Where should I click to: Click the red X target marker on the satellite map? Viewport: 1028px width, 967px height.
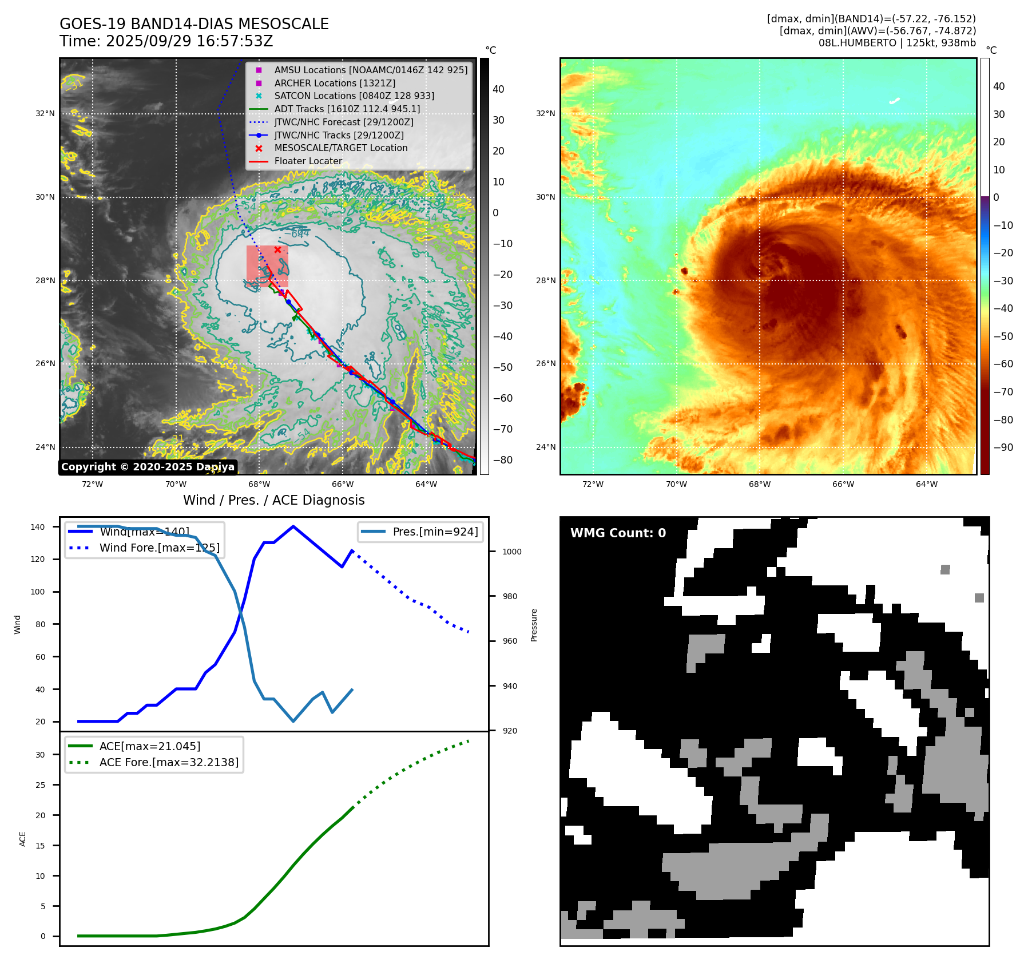point(277,249)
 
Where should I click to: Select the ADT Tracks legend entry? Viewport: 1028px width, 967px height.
point(347,109)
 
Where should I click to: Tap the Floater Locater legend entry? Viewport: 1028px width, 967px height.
point(308,161)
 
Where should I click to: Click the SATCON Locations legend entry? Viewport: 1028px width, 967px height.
point(354,96)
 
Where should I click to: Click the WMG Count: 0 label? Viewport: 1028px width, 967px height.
point(618,533)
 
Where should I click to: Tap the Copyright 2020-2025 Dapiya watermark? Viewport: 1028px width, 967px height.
point(148,467)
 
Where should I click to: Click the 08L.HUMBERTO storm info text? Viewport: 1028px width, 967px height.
point(896,43)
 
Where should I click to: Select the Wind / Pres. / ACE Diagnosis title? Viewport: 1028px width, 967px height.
point(273,500)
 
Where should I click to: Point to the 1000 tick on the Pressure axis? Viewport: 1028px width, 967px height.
point(511,552)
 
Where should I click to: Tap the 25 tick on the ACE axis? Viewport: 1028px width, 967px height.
point(40,785)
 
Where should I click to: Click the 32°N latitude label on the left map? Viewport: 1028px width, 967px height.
point(45,113)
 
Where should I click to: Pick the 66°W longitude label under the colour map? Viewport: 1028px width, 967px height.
point(843,484)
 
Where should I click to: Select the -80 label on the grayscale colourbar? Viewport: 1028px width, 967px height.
point(503,460)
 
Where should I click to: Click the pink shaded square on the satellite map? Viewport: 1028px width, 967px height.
point(267,266)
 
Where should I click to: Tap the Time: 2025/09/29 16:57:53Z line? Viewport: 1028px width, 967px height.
point(166,41)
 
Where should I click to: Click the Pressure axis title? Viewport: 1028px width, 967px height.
point(534,625)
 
